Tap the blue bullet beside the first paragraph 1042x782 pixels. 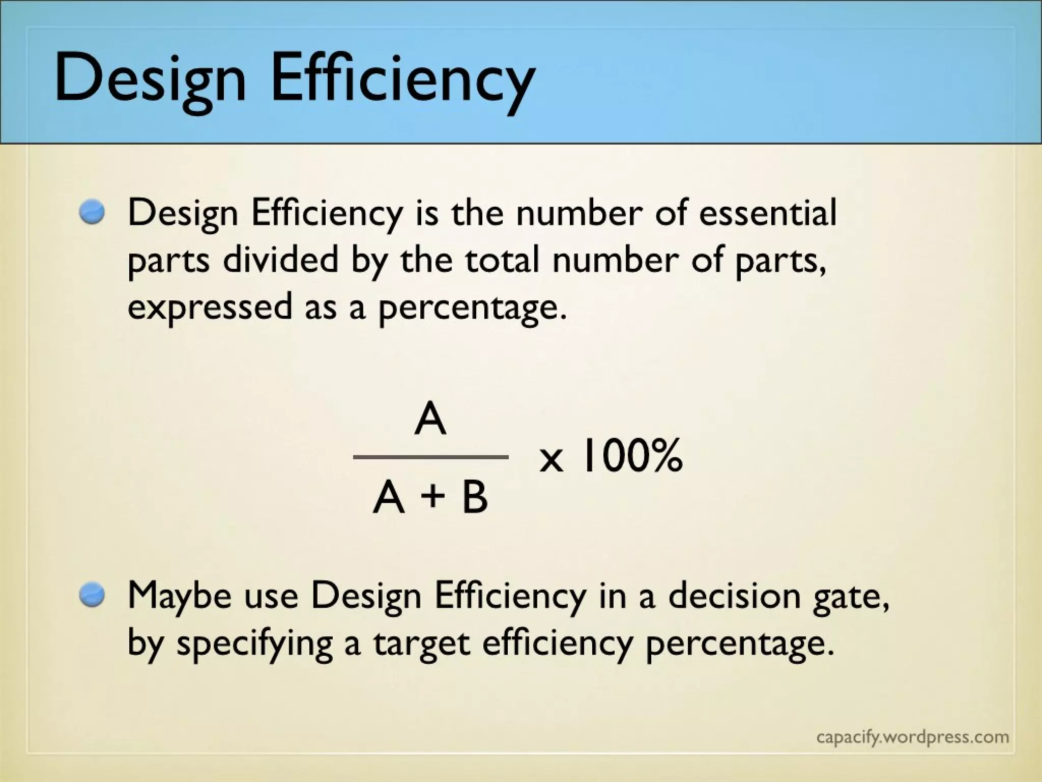(92, 212)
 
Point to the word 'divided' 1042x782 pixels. (280, 259)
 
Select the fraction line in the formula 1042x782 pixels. (430, 457)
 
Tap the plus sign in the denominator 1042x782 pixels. (432, 496)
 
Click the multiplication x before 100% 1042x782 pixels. (552, 459)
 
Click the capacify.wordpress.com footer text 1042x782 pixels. (912, 737)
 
